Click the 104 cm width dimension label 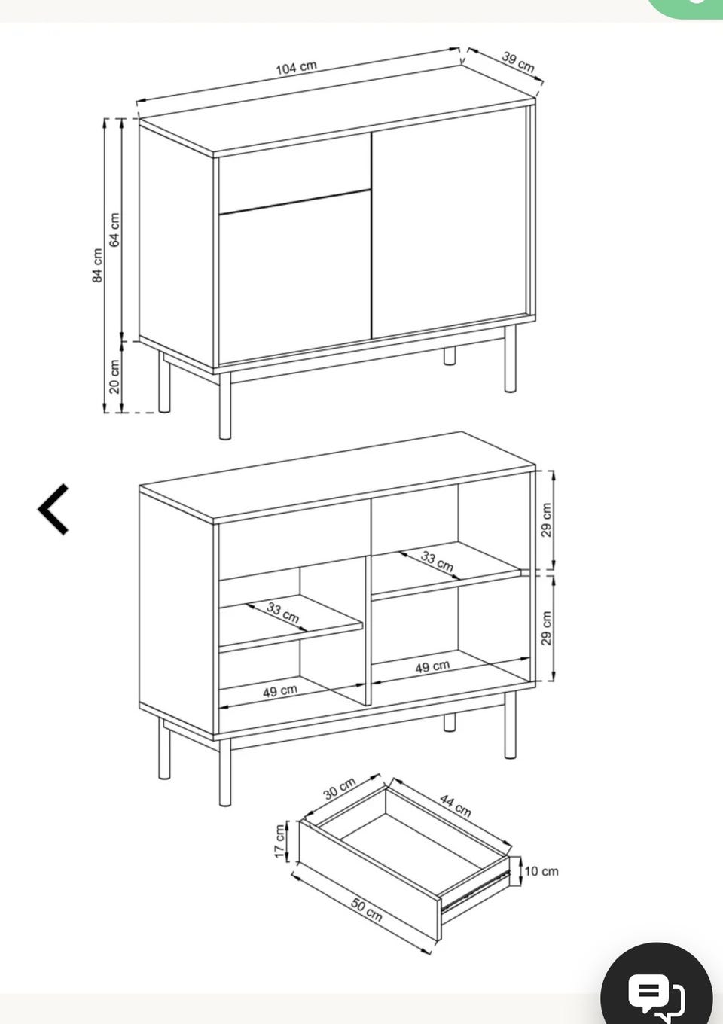pyautogui.click(x=296, y=68)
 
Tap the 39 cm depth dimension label pyautogui.click(x=518, y=62)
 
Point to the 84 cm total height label pyautogui.click(x=97, y=266)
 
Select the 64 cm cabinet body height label pyautogui.click(x=114, y=230)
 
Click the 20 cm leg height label pyautogui.click(x=114, y=376)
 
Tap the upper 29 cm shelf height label pyautogui.click(x=547, y=520)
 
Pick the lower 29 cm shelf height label pyautogui.click(x=547, y=628)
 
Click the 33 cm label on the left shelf pyautogui.click(x=283, y=613)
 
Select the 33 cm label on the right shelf pyautogui.click(x=437, y=562)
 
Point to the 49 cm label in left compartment pyautogui.click(x=280, y=691)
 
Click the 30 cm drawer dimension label pyautogui.click(x=340, y=788)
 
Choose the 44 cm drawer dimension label pyautogui.click(x=456, y=806)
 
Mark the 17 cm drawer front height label pyautogui.click(x=279, y=842)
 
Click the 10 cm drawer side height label pyautogui.click(x=541, y=871)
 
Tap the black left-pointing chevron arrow pyautogui.click(x=53, y=509)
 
